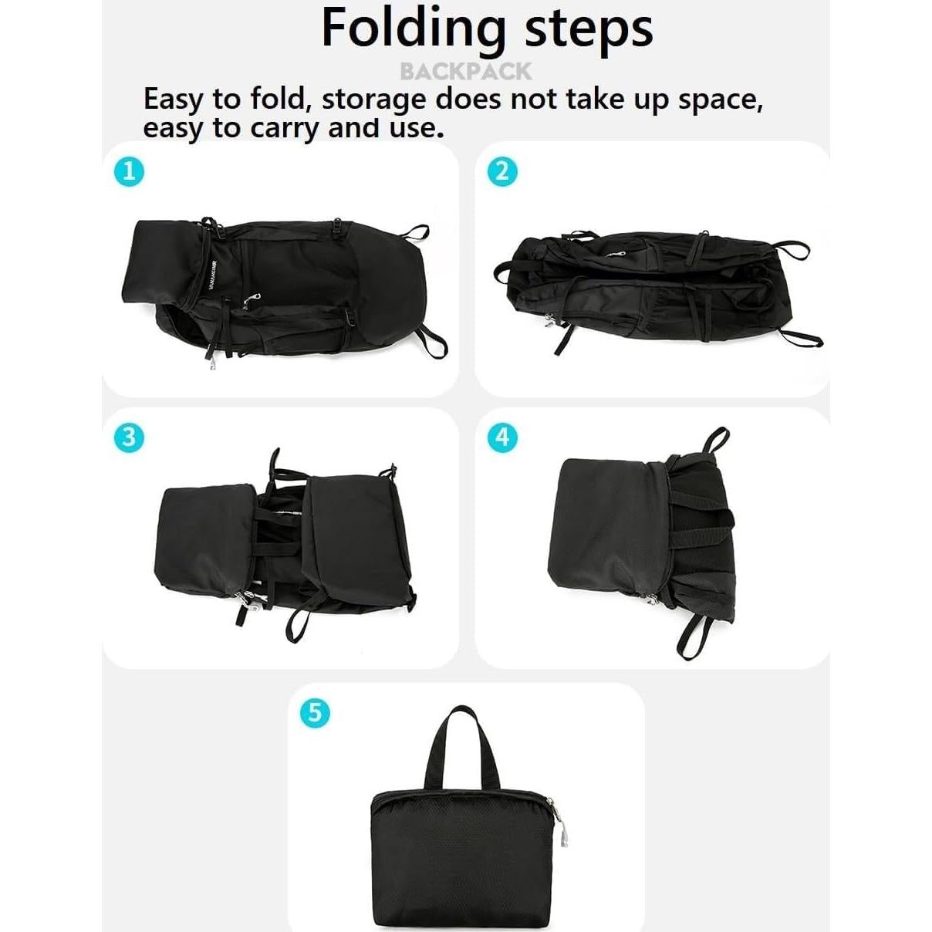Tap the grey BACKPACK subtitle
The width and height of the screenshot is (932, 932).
(x=465, y=72)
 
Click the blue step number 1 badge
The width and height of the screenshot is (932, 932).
(x=129, y=171)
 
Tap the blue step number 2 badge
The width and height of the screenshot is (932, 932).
(x=502, y=171)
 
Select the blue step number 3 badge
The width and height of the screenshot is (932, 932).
(x=129, y=437)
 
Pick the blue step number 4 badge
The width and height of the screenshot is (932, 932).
(x=502, y=437)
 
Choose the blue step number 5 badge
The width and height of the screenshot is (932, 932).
(x=314, y=711)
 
